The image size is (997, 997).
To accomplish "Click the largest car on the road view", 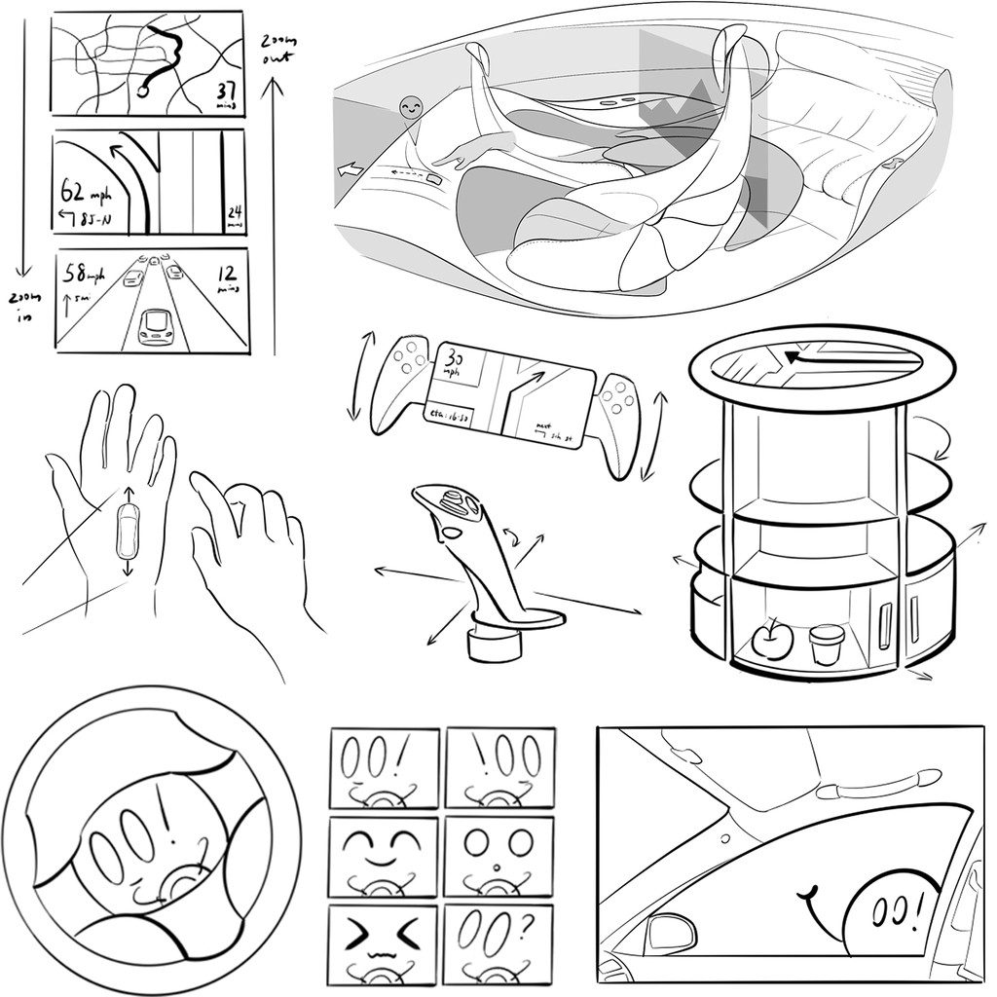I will point(156,327).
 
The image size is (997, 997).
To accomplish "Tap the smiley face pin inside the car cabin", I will point(411,109).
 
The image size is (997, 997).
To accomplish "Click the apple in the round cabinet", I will point(771,640).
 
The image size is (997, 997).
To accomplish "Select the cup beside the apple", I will point(827,644).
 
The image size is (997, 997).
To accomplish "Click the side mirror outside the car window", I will point(672,933).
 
